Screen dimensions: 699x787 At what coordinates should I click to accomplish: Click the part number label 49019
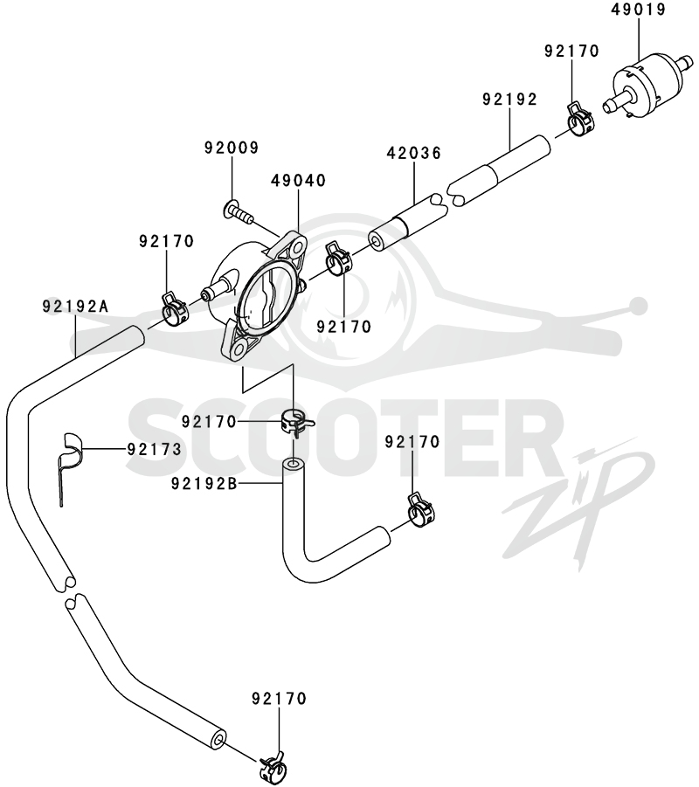638,10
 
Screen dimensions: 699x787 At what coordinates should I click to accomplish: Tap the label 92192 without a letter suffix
509,100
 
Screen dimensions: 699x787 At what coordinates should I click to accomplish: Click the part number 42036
414,153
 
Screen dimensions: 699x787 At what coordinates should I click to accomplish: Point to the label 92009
232,148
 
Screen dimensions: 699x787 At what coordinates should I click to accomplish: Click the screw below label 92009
238,211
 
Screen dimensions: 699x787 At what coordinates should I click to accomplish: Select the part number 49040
299,180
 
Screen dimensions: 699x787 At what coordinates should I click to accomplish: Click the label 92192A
75,306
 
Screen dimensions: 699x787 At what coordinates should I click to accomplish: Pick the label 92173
154,449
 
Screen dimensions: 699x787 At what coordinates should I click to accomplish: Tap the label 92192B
204,483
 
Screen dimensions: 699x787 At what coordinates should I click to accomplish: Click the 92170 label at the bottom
280,698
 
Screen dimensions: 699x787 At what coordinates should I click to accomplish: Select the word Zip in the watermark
578,507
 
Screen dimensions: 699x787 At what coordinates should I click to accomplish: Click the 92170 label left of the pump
166,241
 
